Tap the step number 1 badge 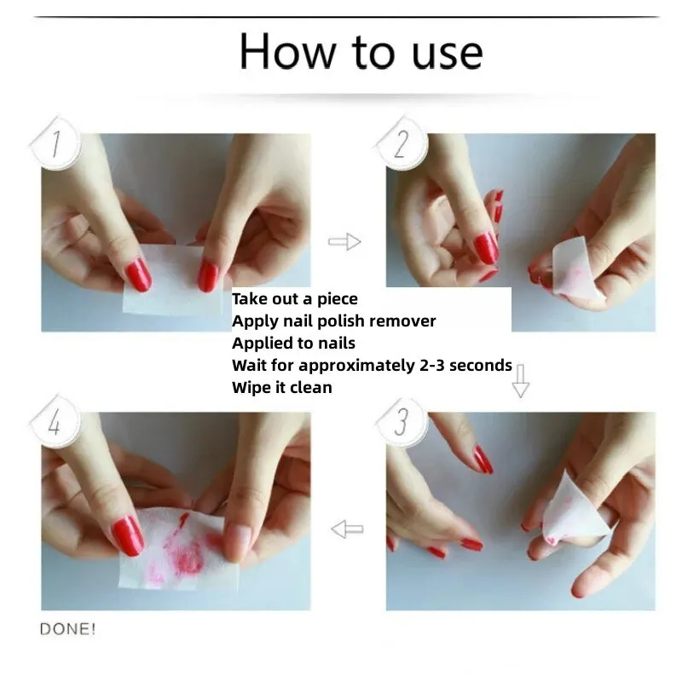click(x=55, y=145)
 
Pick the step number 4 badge click(x=55, y=422)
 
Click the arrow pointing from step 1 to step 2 click(x=344, y=243)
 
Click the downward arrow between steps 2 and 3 click(x=520, y=381)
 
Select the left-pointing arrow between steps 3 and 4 click(x=347, y=529)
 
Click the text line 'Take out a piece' click(x=294, y=299)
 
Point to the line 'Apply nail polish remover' click(x=333, y=321)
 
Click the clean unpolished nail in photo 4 click(x=237, y=536)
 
